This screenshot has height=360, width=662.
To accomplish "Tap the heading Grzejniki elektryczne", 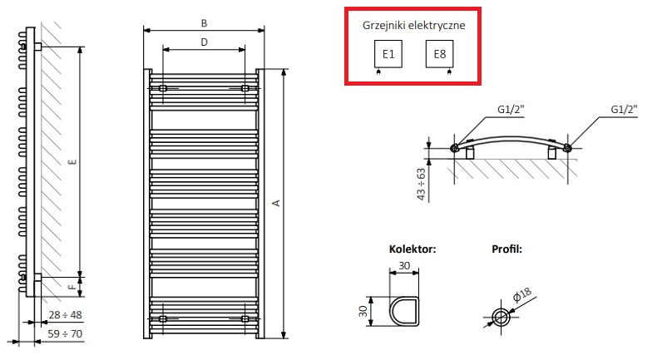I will (x=413, y=25).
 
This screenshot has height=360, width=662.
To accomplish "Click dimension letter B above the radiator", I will (x=204, y=22).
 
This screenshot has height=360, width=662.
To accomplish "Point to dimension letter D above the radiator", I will (x=204, y=42).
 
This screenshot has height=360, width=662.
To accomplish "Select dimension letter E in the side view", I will (x=72, y=163).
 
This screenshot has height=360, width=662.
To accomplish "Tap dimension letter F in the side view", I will (x=72, y=288).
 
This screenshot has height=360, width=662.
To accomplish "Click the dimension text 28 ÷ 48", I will (x=66, y=314).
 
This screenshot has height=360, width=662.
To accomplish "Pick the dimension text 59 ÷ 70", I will (x=66, y=333).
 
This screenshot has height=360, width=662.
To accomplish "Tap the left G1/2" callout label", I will (x=511, y=109).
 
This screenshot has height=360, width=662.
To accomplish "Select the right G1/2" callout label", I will (x=624, y=109).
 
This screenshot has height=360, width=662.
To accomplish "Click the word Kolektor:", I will (x=413, y=248).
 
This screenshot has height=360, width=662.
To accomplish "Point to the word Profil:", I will (x=506, y=248).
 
